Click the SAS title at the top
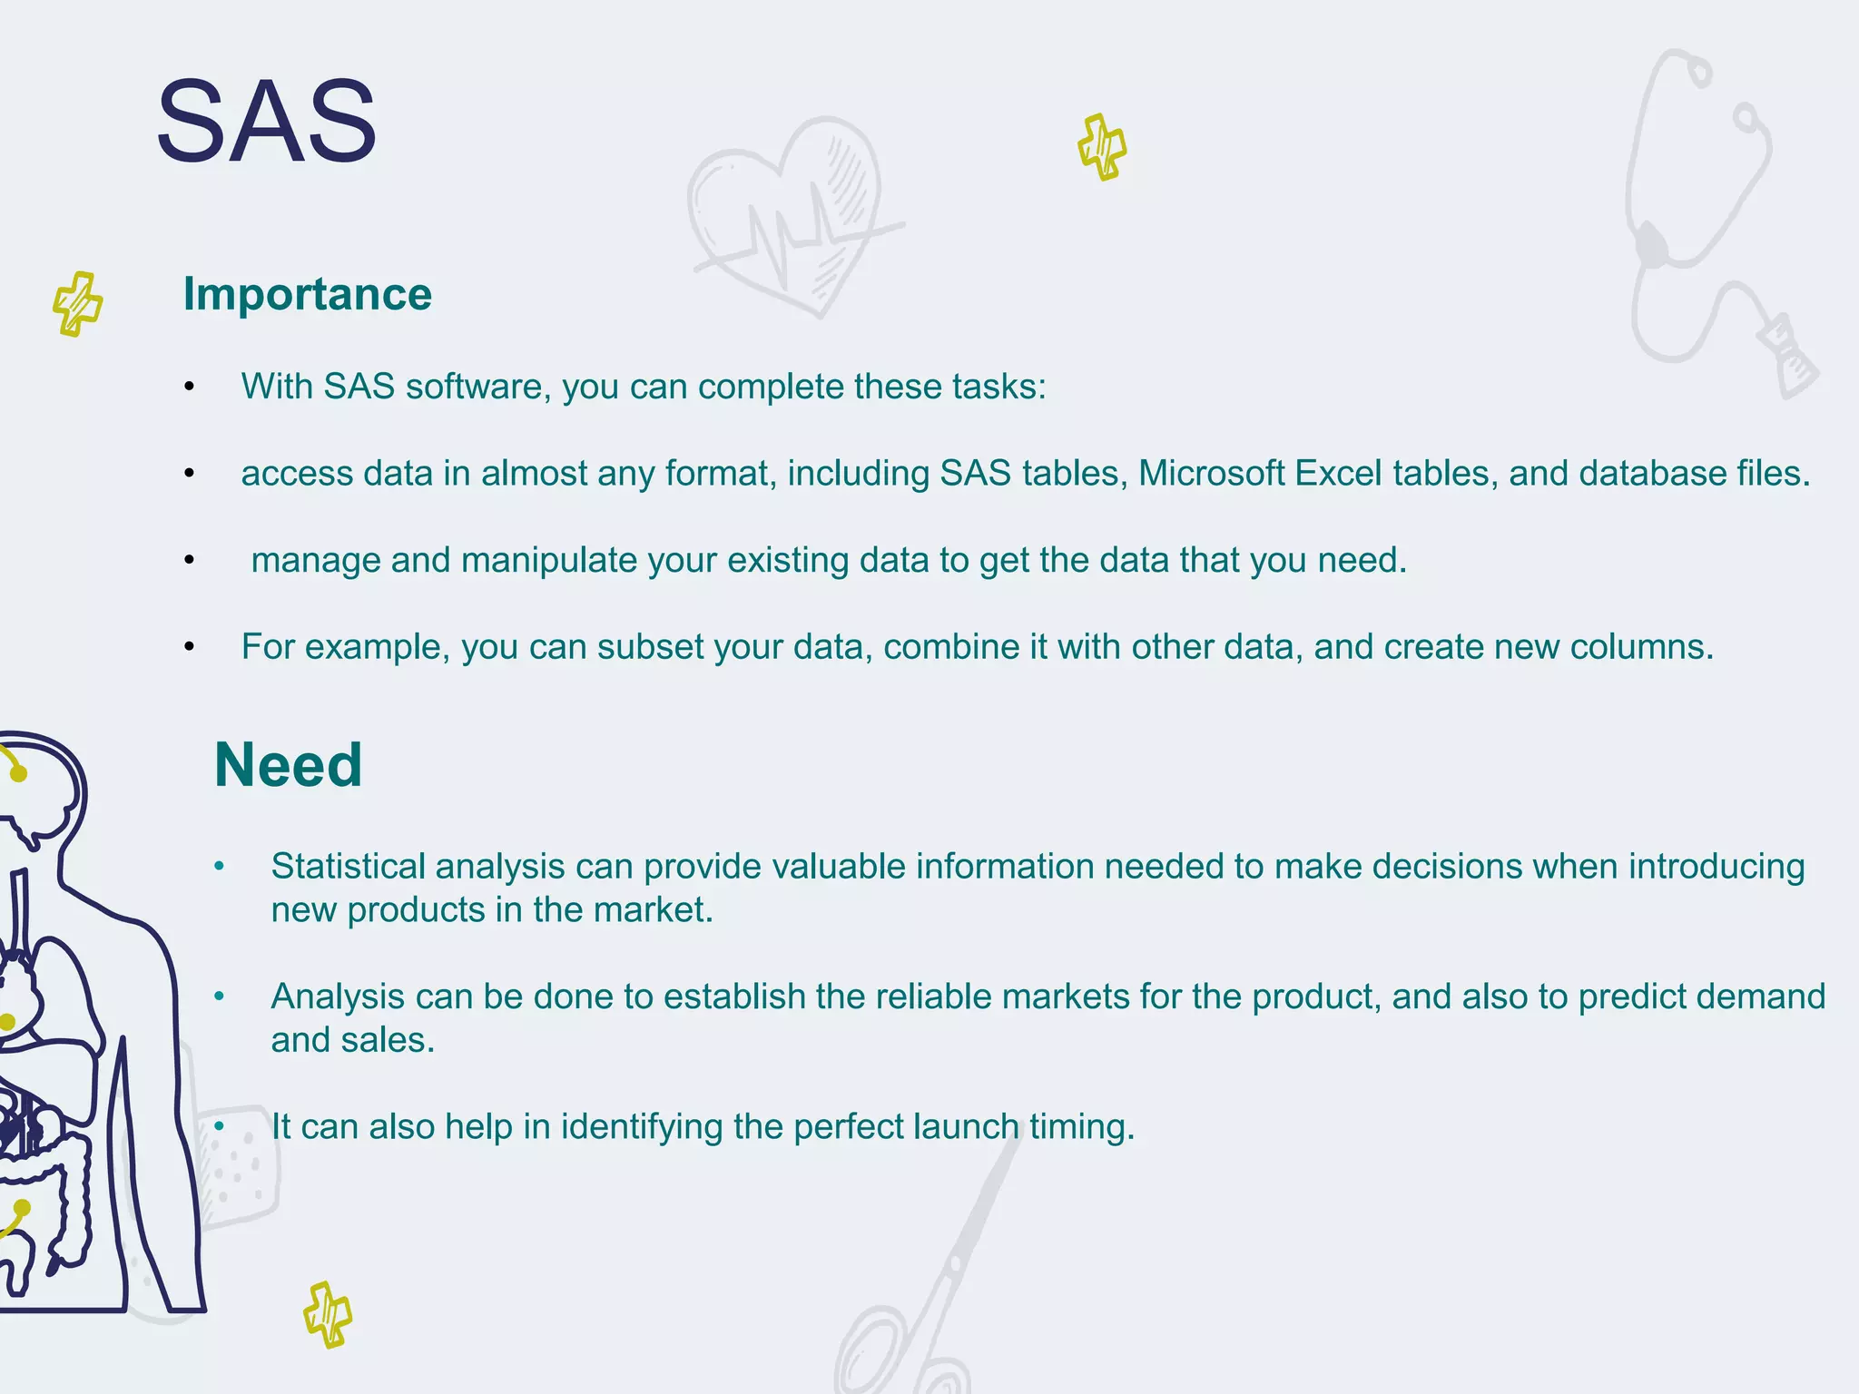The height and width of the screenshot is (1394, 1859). (x=266, y=122)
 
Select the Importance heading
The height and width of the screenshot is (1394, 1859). (x=307, y=294)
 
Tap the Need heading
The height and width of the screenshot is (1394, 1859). (x=288, y=765)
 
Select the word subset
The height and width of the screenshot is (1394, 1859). (x=650, y=647)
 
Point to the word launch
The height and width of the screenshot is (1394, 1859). (x=966, y=1127)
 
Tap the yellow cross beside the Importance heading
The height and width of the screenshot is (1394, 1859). (x=77, y=303)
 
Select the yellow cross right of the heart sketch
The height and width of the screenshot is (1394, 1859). (x=1102, y=147)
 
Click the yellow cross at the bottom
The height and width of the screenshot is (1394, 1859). (x=328, y=1314)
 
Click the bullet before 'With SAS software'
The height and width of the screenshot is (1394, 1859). (x=189, y=388)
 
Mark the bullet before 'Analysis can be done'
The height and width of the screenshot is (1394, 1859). (x=219, y=997)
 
